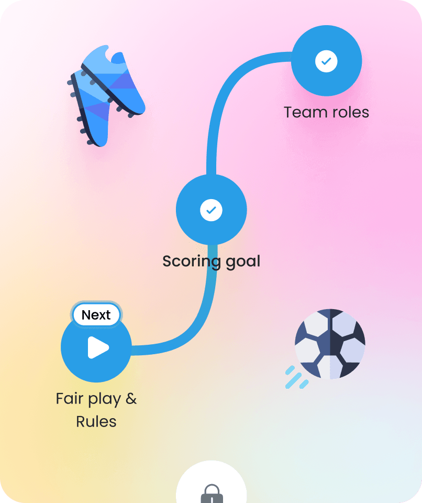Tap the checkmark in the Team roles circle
click(326, 61)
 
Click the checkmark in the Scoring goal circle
click(211, 210)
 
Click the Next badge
click(96, 315)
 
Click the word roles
click(350, 112)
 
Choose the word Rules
click(96, 421)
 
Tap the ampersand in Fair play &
click(131, 399)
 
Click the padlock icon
click(212, 494)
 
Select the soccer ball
click(330, 343)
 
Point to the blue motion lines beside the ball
click(296, 378)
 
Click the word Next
click(96, 315)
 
